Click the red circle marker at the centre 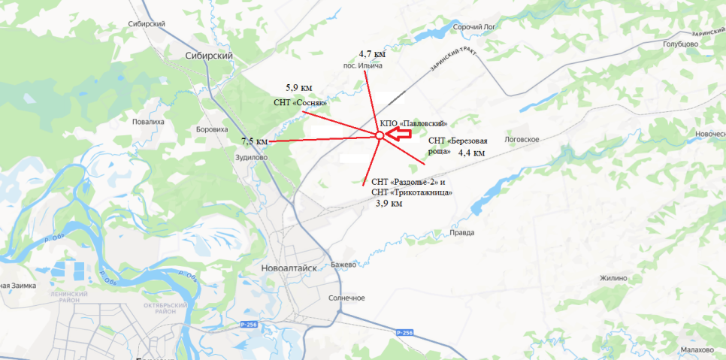coord(380,135)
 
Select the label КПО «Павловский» coord(414,123)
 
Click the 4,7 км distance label coord(372,55)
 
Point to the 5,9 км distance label coord(298,88)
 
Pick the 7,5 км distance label coord(254,141)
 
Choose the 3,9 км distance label coord(389,203)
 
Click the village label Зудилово coord(252,157)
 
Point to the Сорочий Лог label coord(477,26)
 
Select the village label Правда coord(461,233)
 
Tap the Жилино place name coord(613,278)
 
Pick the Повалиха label coord(147,121)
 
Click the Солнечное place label coord(346,298)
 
